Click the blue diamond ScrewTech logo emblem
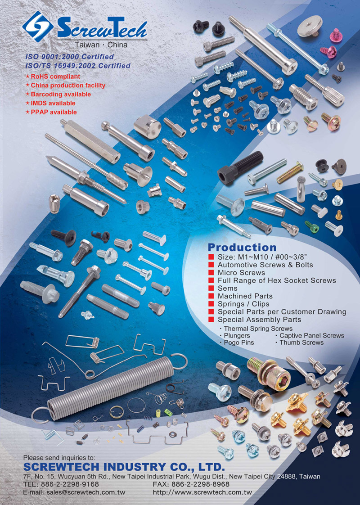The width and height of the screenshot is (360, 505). coord(38,27)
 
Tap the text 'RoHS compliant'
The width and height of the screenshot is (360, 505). coord(55,77)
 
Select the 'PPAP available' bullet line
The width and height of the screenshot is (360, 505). coord(51,112)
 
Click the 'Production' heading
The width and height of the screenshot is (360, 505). coord(242,248)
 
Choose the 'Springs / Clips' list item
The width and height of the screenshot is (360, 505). coord(243,304)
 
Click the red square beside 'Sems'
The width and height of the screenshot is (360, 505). coord(211,288)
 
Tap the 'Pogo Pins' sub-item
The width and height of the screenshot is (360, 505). coord(239,343)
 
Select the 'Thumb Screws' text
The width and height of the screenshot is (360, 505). coord(301,343)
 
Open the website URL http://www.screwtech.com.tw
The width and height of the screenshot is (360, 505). coord(202,492)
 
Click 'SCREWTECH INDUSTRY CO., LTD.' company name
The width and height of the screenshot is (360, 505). coord(124,467)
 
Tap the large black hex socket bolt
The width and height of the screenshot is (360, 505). coord(240,167)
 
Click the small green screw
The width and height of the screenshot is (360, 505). coord(312,226)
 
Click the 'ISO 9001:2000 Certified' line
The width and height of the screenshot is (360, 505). coord(70,57)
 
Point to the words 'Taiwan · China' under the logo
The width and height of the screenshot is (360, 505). coord(101,45)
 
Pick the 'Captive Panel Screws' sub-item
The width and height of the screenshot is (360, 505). coord(312,336)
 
